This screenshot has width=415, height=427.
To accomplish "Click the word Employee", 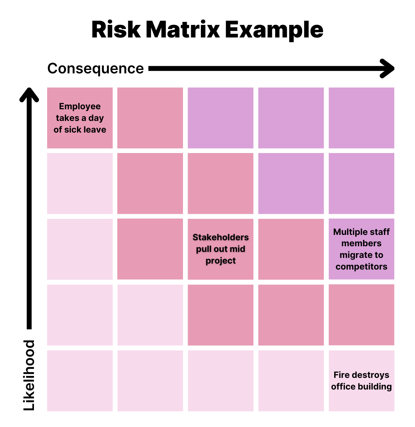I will [80, 106].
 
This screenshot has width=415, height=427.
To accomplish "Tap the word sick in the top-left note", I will [73, 130].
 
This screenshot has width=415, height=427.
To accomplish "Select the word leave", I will [94, 130].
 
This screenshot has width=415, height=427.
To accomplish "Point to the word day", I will [96, 118].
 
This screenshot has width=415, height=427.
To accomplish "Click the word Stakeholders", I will [221, 237].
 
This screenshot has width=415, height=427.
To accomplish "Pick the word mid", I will [237, 249].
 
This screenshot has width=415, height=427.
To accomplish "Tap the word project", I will [221, 261].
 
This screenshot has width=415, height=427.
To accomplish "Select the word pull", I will [204, 249].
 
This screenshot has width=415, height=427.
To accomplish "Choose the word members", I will [362, 243].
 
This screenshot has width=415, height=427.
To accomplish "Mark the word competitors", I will [362, 267].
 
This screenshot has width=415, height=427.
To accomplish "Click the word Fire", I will [341, 375].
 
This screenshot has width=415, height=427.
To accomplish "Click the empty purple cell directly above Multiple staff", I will [362, 184].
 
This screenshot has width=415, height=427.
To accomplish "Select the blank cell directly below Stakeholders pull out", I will [221, 315].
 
